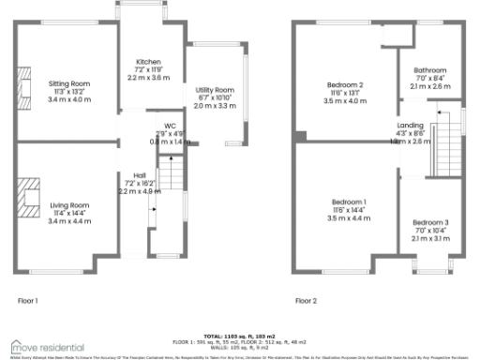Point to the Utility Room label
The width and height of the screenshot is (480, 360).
216,90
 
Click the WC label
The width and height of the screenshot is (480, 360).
171,126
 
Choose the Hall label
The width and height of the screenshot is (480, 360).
139,174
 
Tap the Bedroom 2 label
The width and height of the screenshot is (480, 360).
346,84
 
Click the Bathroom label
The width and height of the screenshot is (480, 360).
429,69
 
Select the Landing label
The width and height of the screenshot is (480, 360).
411,126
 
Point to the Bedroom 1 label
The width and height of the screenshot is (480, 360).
346,202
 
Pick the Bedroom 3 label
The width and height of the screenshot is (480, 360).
430,222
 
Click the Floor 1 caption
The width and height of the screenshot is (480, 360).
29,301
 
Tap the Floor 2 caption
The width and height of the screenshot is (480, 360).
307,301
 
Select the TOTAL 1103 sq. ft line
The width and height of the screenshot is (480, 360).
240,335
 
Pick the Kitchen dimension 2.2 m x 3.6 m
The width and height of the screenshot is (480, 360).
146,77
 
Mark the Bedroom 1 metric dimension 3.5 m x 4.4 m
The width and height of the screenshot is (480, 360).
346,218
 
